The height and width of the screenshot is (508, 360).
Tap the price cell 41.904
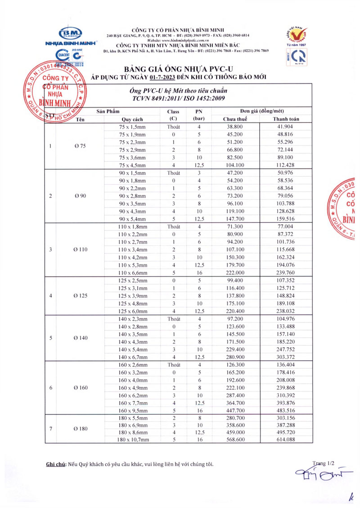click(286, 127)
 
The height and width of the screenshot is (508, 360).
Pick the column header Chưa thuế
click(236, 119)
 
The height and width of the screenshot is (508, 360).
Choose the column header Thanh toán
click(286, 119)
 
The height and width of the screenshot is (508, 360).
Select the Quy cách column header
click(132, 119)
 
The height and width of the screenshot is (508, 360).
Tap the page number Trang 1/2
click(326, 463)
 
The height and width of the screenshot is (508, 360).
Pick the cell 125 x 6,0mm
click(132, 311)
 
